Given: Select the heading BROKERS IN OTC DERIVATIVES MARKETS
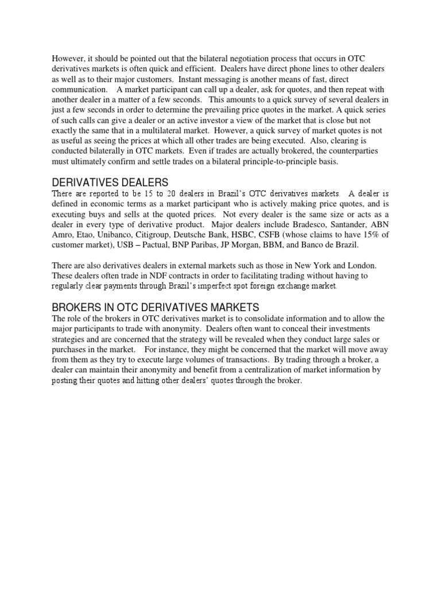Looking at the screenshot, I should [x=156, y=307].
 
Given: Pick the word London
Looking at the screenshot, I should [x=361, y=265].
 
